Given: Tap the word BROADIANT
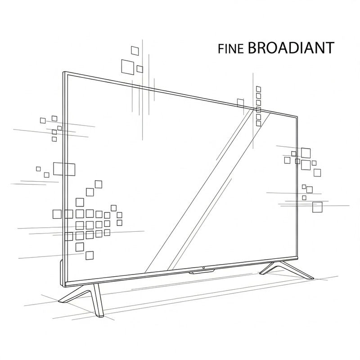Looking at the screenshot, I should pos(291,48).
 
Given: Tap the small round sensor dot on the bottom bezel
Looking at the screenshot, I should pos(203,269).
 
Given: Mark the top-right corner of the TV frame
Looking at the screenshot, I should pos(298,117).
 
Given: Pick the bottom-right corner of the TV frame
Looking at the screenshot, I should pos(298,258).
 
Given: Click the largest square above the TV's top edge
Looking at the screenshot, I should pos(127,66).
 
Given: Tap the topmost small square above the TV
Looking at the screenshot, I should pos(135,49).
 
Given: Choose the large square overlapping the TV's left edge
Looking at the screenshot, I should pos(63,169).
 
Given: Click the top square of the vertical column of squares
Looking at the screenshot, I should pos(258,89).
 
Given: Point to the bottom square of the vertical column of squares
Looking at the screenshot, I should pos(258,123).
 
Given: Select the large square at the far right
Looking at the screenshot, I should pos(318,207).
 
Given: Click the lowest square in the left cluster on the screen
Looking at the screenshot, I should pos(90,255).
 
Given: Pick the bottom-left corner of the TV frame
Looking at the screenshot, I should pos(65,284).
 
